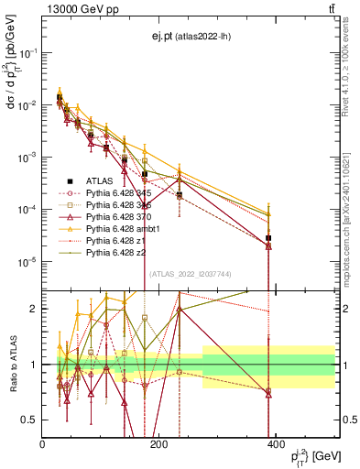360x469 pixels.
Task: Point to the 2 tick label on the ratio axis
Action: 35,309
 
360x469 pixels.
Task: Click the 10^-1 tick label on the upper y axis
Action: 27,53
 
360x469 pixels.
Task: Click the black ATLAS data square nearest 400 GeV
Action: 268,238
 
